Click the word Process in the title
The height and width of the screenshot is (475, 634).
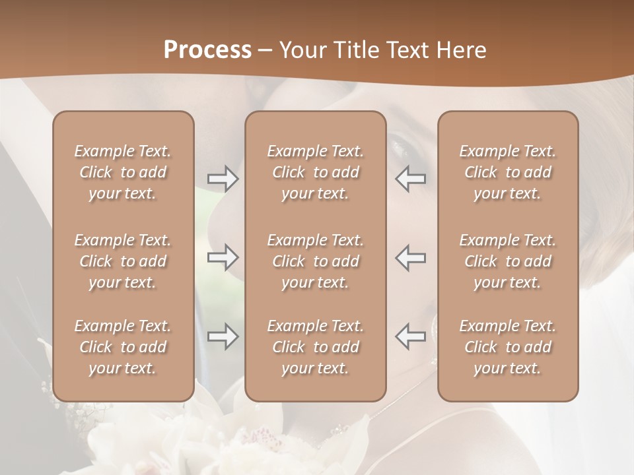tap(207, 50)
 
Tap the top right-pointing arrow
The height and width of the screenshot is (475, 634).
tap(223, 179)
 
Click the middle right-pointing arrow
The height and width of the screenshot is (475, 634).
tap(223, 257)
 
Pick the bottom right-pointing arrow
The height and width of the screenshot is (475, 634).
tap(223, 336)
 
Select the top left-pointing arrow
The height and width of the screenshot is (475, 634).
tap(410, 179)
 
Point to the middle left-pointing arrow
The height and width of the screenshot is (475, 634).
tap(410, 257)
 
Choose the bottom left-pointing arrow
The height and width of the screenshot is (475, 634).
tap(410, 336)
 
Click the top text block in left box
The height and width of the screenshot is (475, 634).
tap(123, 172)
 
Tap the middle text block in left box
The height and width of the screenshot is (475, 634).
tap(123, 261)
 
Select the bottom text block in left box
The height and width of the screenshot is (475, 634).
tap(123, 347)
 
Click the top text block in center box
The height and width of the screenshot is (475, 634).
tap(315, 172)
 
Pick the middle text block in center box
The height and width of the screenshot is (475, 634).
tap(315, 261)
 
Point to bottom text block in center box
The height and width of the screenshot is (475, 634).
tap(315, 347)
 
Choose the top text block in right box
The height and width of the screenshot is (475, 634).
tap(507, 172)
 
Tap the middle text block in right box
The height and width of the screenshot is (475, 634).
tap(507, 261)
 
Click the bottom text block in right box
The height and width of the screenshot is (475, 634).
tap(507, 347)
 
